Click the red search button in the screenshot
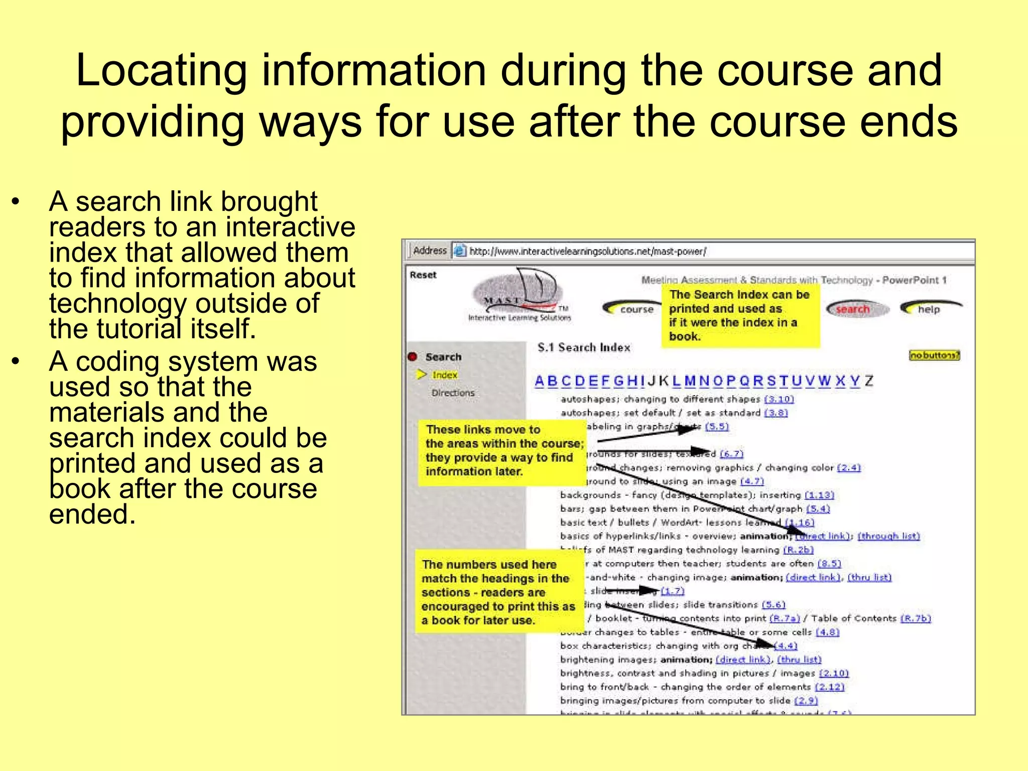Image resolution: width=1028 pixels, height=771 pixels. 853,309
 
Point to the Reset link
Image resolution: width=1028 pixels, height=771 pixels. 423,275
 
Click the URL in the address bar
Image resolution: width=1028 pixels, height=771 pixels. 588,251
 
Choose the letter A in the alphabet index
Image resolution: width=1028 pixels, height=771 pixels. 540,381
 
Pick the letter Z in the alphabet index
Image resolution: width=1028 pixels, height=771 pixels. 869,381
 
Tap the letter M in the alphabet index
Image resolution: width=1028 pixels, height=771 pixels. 690,381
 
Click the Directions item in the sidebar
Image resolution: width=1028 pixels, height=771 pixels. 453,393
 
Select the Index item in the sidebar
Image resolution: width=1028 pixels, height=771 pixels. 445,375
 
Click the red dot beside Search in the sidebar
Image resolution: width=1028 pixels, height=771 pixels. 413,357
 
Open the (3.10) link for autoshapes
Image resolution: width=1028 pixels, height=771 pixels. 779,399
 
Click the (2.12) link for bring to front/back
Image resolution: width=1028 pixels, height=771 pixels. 829,687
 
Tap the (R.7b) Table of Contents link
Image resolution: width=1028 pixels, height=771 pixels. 915,618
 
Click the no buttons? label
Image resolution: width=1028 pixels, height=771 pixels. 934,355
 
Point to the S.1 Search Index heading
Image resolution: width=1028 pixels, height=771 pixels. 584,347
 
